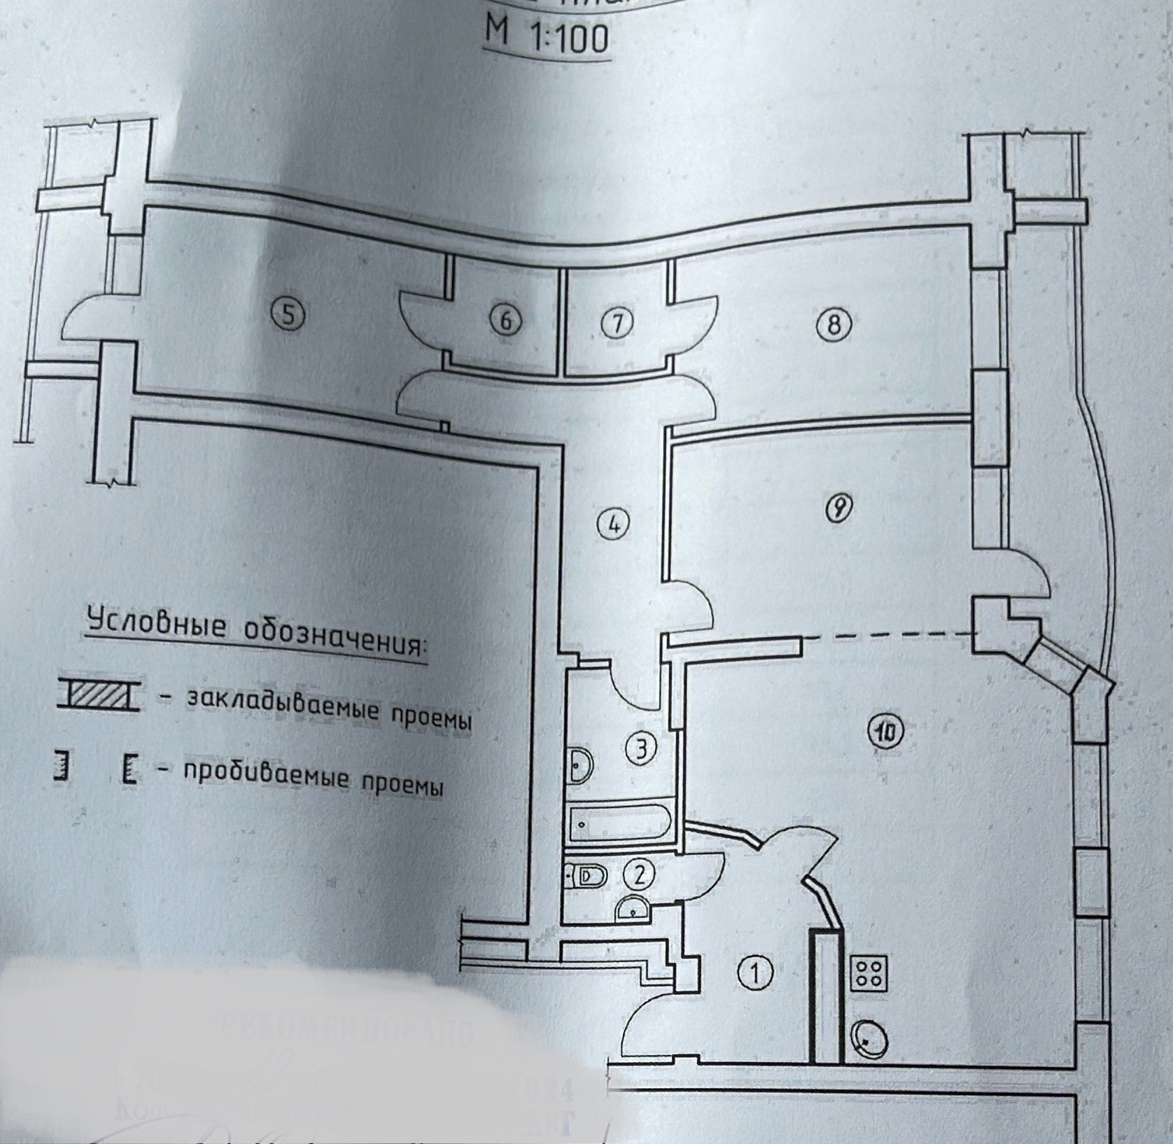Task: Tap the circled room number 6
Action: point(507,321)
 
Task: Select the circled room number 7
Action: point(617,323)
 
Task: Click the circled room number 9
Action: point(838,507)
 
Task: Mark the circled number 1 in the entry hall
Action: point(754,972)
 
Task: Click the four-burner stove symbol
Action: point(869,973)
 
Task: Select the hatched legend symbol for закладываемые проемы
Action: point(97,695)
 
